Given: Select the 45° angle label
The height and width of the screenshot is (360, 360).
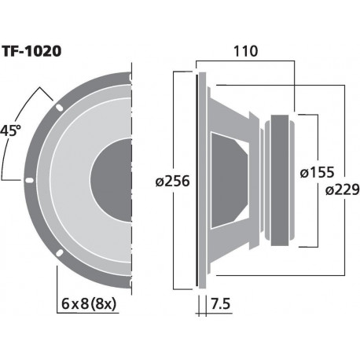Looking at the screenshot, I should tap(11, 130).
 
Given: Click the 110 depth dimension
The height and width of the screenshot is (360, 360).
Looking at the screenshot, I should tap(247, 53).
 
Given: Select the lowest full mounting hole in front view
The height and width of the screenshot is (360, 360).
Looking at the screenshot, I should tap(58, 253).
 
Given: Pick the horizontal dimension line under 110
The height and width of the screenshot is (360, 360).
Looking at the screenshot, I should tap(247, 64).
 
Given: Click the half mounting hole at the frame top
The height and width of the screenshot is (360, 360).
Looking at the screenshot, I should tap(126, 75).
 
